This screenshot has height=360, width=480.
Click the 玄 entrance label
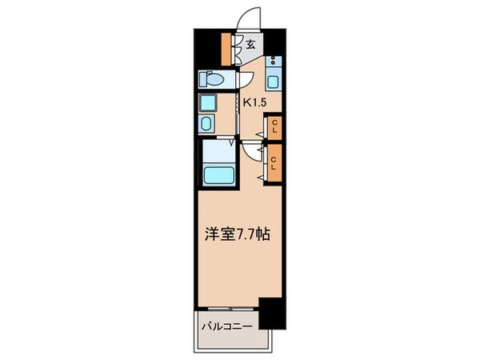pos(250,45)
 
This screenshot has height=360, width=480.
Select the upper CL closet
pos(274,126)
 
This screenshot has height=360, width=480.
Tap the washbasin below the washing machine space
pos(208,124)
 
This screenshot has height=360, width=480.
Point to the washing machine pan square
pos(210,103)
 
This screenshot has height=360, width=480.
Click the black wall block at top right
pos(277,40)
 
